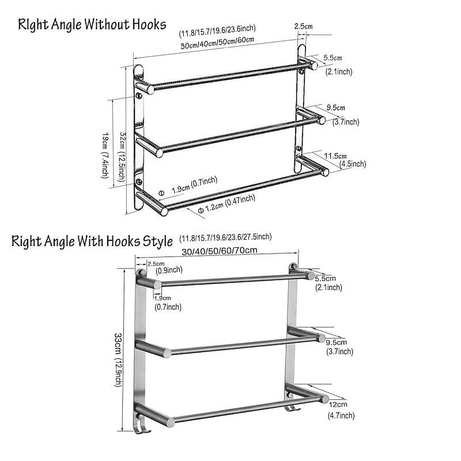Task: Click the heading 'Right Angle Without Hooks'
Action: click(x=92, y=24)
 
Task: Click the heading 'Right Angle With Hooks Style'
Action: click(x=92, y=241)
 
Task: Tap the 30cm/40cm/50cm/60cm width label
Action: click(x=217, y=43)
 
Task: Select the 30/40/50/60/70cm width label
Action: click(x=220, y=251)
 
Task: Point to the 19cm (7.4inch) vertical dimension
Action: click(x=105, y=155)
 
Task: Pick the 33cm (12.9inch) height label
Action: click(x=118, y=360)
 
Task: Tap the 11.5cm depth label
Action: click(x=335, y=156)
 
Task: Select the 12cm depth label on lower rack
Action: click(x=338, y=405)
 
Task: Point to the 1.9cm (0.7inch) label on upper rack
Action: click(x=194, y=185)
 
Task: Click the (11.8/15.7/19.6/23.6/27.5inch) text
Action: click(x=225, y=237)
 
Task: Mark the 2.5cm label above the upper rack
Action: click(x=304, y=26)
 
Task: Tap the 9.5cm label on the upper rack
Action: click(x=335, y=108)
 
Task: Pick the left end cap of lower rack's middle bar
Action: click(x=167, y=353)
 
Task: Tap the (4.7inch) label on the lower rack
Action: click(x=341, y=415)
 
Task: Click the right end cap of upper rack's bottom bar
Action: click(x=324, y=172)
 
